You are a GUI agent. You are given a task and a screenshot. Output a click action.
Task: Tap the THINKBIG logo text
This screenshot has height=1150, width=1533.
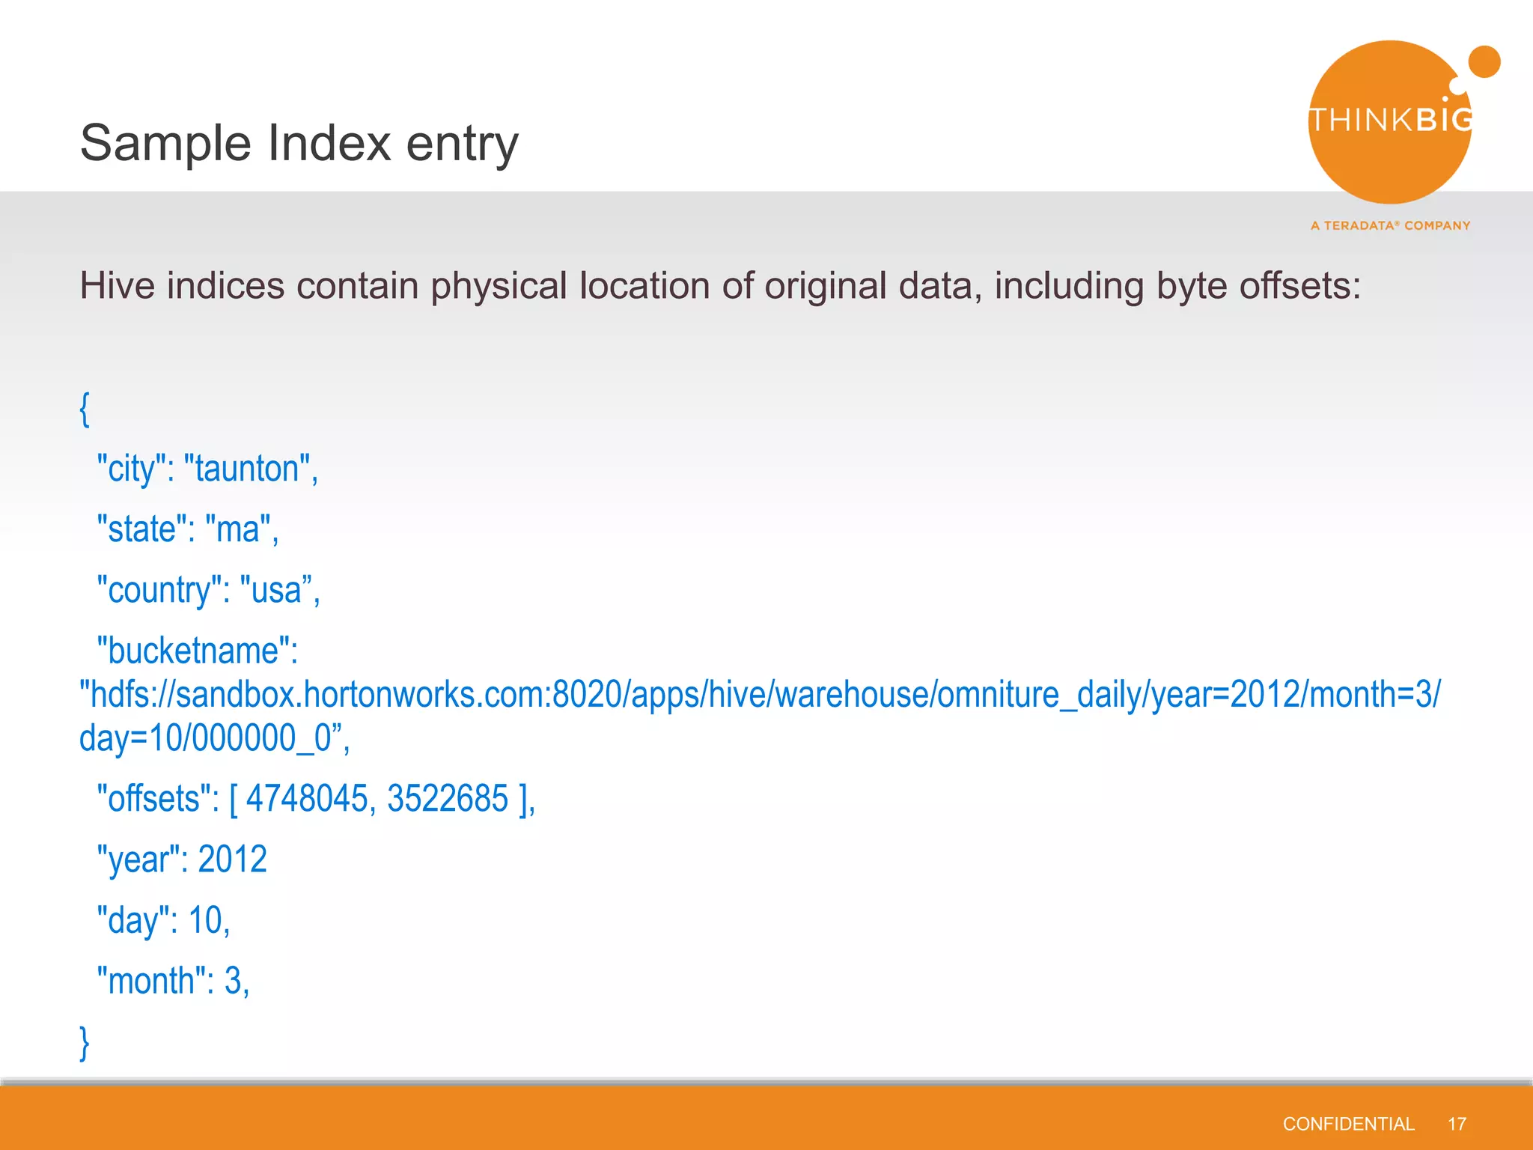click(1390, 121)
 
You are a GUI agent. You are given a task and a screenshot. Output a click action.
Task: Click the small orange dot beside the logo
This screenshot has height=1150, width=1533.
click(1484, 62)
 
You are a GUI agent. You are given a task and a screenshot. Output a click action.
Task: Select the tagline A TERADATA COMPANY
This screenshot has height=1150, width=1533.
click(1390, 225)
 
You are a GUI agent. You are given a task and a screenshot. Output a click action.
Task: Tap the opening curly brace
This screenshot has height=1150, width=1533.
click(85, 410)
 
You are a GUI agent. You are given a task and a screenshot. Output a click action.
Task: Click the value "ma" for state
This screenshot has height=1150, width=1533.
click(237, 530)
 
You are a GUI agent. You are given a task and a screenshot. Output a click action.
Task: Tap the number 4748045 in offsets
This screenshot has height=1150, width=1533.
click(307, 798)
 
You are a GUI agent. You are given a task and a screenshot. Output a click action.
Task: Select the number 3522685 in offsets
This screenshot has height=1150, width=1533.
click(448, 798)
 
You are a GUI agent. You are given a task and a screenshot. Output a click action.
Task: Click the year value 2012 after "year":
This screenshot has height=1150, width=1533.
click(232, 859)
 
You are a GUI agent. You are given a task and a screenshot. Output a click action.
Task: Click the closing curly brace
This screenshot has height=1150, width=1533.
click(85, 1043)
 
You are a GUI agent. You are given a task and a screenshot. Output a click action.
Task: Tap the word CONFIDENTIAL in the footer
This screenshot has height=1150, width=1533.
click(1348, 1124)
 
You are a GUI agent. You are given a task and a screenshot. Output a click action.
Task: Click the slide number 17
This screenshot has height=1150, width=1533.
click(1457, 1124)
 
